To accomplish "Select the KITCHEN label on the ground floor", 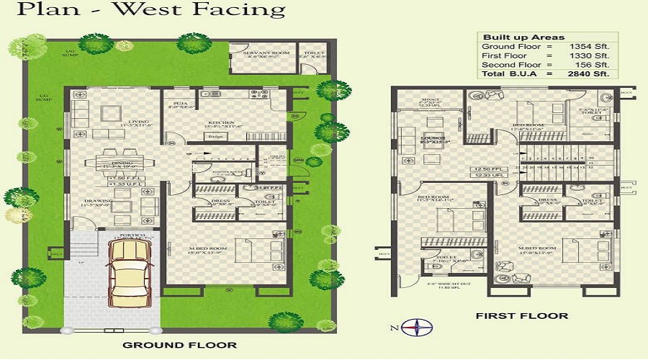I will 221,122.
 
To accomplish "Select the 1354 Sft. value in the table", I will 591,46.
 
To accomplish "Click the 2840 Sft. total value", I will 591,73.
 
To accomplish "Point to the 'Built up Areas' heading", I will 513,37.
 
